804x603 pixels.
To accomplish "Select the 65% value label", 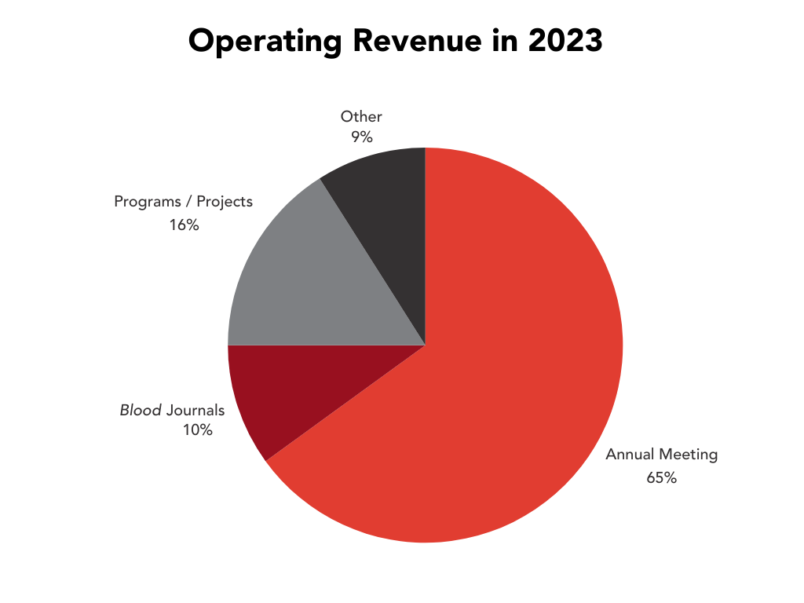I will [661, 477].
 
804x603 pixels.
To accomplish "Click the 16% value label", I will [184, 225].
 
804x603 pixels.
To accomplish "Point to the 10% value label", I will [197, 429].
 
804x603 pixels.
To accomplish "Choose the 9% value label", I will [361, 137].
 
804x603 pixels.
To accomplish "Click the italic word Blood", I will [141, 410].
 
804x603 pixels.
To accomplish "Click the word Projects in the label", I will [225, 202].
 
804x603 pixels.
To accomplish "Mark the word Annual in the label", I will [630, 455].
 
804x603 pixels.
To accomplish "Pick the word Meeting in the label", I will [689, 455].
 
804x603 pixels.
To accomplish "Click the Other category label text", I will [361, 117].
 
